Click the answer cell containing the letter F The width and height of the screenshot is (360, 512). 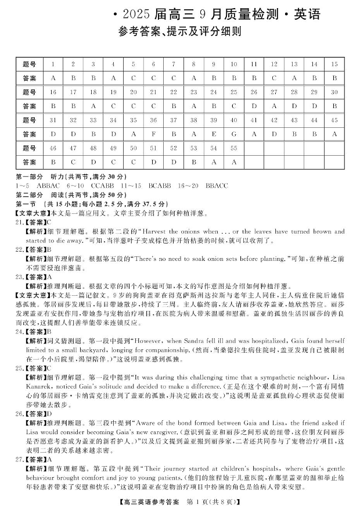[x=153, y=134]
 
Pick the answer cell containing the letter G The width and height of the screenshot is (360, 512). [x=234, y=134]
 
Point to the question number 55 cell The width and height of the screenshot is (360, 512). [x=234, y=148]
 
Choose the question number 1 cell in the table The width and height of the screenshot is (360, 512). [x=53, y=64]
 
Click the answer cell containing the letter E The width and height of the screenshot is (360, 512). [x=214, y=134]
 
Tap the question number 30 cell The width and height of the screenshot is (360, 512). [x=334, y=92]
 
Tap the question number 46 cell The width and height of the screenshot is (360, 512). [x=53, y=148]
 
